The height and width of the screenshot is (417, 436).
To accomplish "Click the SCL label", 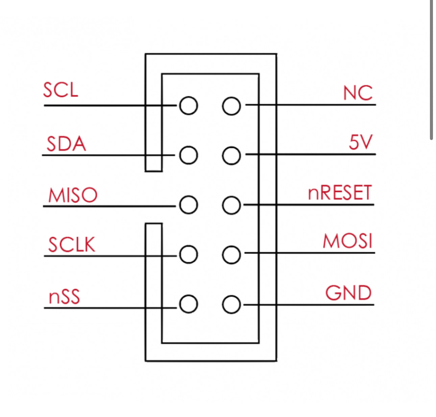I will pos(60,90).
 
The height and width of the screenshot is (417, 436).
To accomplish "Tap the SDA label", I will pos(66,144).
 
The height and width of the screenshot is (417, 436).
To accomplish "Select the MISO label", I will pos(73,195).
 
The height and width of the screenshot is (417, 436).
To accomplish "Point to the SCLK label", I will pos(72,245).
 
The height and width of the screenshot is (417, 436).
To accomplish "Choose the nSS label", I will pos(64,297).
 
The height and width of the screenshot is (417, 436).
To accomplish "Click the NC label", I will pos(358,93).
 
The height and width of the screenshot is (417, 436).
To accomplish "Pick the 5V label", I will pos(360,142).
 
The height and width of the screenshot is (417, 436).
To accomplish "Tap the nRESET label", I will pos(340,193).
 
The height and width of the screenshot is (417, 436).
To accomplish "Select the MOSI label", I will pos(347,241).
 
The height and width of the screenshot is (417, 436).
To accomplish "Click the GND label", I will pos(348,293).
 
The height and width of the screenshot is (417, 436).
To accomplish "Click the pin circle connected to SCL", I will pos(188,106).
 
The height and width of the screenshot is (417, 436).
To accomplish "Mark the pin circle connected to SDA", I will pos(188,155).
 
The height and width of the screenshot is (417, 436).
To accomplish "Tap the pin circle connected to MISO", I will pos(188,205).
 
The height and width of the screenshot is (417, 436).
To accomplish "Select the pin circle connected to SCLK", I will pos(188,254).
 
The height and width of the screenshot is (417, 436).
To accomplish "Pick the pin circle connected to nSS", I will pos(188,304).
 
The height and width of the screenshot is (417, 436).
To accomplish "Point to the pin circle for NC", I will pos(232,106).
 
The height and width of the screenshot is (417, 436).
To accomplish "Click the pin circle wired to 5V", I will pos(232,156).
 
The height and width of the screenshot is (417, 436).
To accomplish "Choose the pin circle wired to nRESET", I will pos(232,205).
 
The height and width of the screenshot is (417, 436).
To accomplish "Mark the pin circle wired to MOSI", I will pos(232,255).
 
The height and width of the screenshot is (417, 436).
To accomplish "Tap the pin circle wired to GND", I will pos(232,304).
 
